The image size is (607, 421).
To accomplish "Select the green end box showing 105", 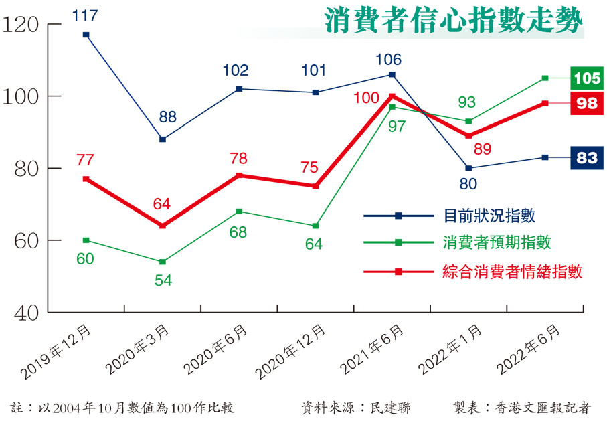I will point(587,78).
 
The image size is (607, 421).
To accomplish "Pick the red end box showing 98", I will point(587,103).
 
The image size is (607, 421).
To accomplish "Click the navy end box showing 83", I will point(587,158).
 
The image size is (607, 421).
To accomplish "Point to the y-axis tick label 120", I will point(21,25).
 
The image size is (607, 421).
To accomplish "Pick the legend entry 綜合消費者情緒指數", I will point(512,272).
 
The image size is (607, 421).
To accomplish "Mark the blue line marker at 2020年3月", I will point(163,139).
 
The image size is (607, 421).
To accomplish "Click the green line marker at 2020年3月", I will point(163,262).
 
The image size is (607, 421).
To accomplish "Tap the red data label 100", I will point(367,98).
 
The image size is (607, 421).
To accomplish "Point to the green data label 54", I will point(163,280).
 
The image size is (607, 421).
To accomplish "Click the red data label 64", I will point(163,203).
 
